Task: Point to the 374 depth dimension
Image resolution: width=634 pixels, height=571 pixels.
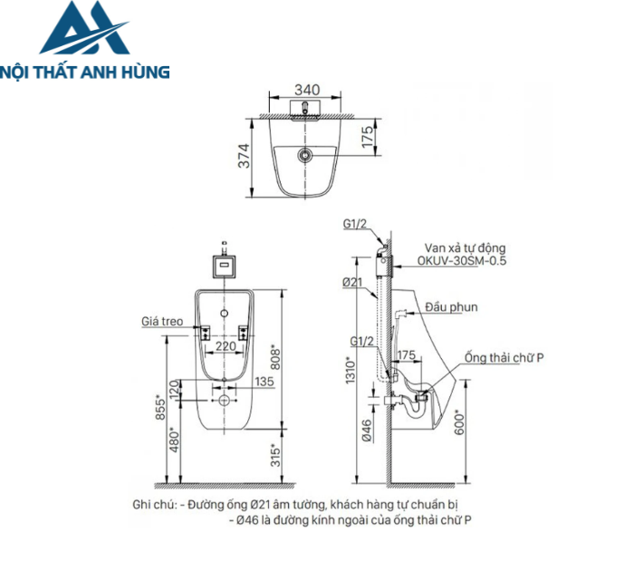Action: tap(241, 156)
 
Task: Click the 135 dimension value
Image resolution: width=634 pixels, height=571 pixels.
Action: tap(264, 382)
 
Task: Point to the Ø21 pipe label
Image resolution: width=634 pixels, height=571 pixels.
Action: tap(353, 284)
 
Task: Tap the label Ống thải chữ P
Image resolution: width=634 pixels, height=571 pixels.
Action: tap(504, 357)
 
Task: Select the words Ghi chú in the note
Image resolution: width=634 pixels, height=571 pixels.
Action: tap(152, 505)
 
